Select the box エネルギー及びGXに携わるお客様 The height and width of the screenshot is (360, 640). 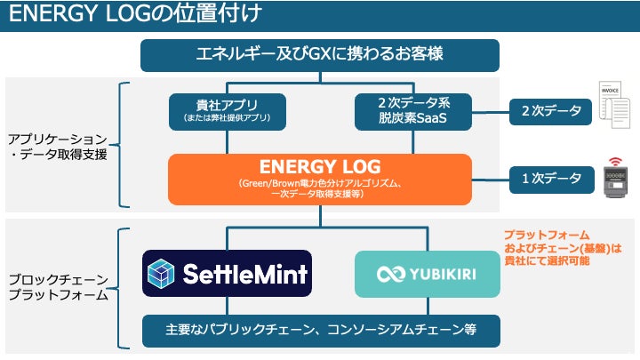coord(319,54)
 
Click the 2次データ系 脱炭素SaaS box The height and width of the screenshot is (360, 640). coord(412,110)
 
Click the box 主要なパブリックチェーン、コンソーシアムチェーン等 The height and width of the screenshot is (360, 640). coord(319,330)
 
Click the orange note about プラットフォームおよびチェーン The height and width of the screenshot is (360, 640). coord(561,248)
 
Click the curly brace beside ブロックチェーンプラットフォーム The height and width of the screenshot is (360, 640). coord(123,285)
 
